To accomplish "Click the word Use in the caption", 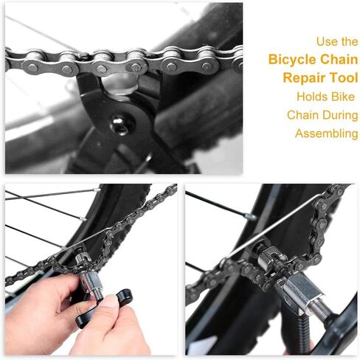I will coord(327,41).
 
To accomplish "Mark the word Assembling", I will coord(326,134).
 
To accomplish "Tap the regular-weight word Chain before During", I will coord(302,114).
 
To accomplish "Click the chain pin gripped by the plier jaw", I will coord(137,66).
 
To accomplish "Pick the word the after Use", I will coord(350,41).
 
